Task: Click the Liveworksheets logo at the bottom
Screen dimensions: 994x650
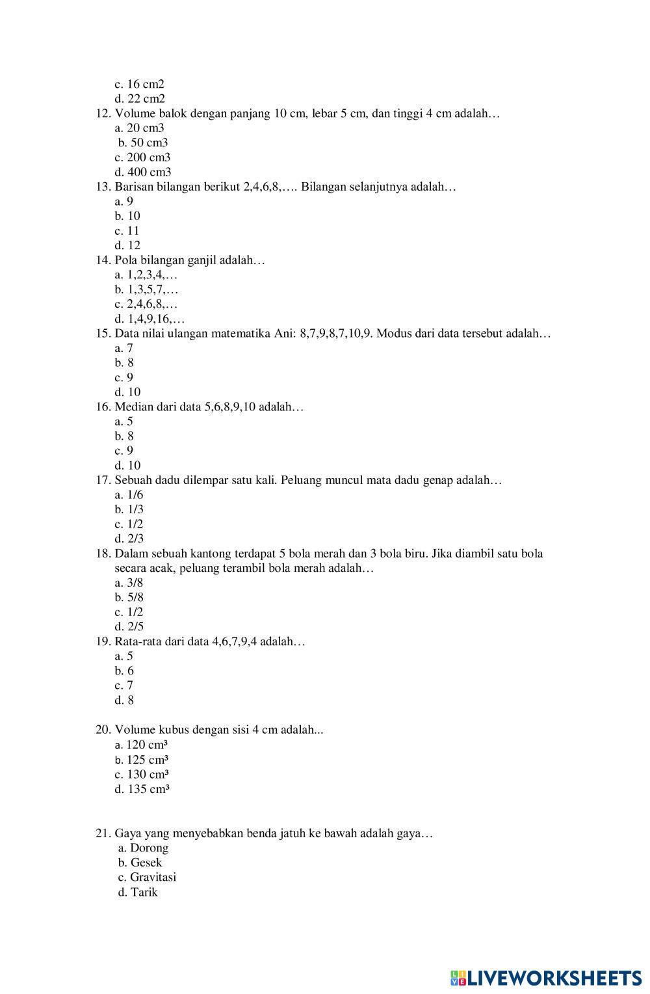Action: (545, 978)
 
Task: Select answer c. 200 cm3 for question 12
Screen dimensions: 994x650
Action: (142, 157)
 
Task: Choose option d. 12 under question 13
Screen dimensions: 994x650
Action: (127, 245)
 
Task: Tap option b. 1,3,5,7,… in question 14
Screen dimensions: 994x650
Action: (146, 289)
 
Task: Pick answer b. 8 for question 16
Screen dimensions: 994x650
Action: (124, 437)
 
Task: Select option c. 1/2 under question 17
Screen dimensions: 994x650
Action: (129, 524)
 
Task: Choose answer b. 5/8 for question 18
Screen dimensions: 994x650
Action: (129, 597)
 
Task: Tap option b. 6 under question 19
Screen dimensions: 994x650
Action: (124, 671)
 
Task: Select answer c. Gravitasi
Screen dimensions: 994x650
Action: (147, 877)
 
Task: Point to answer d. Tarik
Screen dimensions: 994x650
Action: (138, 892)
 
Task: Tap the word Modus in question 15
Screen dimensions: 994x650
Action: (394, 334)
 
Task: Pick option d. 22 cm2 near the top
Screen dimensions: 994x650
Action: (140, 99)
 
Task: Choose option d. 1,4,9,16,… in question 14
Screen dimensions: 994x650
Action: (149, 319)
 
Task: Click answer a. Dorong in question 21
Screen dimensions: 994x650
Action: (143, 848)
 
